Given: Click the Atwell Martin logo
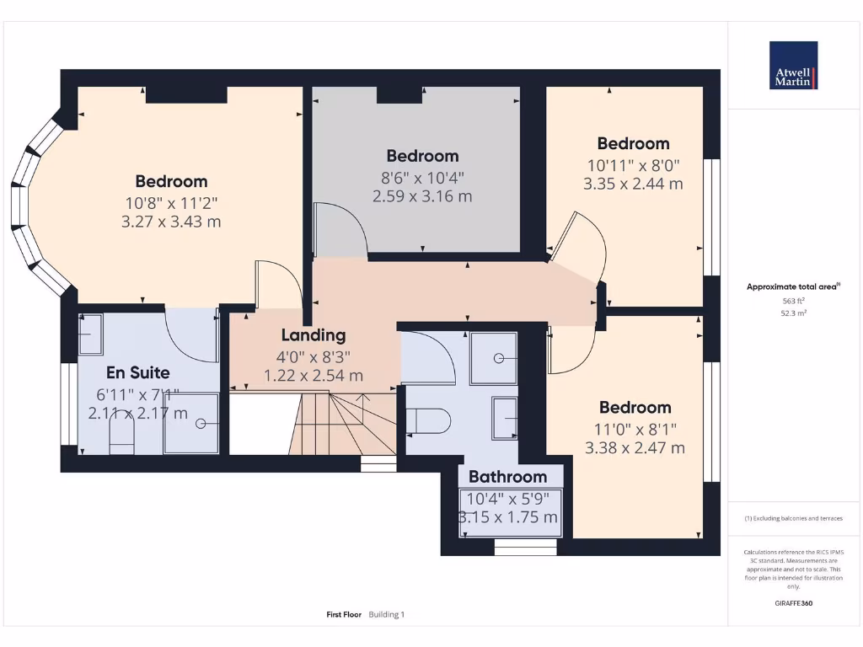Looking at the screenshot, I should [x=794, y=66].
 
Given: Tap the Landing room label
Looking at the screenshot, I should [x=314, y=335].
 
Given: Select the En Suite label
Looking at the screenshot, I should [x=137, y=372].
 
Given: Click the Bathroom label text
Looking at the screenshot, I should [x=507, y=478].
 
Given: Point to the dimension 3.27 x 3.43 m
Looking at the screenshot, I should [x=171, y=222].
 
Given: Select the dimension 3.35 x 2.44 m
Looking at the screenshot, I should [x=633, y=184].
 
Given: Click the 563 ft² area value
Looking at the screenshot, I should [x=793, y=301].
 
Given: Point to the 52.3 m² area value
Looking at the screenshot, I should [x=793, y=313].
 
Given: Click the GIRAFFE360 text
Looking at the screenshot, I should [x=793, y=603].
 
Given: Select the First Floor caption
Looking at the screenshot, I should [x=344, y=615].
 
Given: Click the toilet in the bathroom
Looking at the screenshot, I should [x=430, y=419].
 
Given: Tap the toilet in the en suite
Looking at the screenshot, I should [x=122, y=437].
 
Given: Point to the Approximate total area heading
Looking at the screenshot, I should [x=793, y=287].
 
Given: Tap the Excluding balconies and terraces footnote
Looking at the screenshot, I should [x=793, y=518].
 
